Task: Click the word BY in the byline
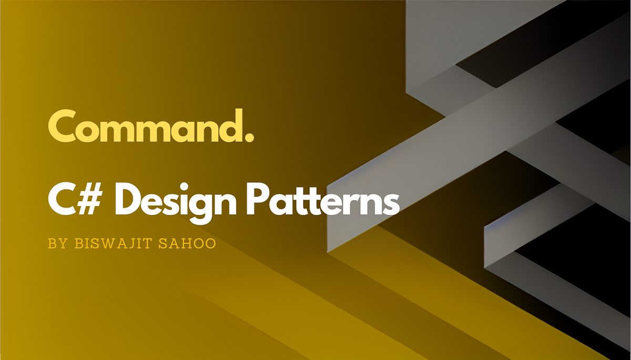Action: [x=55, y=244]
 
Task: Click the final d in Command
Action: [x=231, y=126]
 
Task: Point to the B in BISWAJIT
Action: [x=77, y=244]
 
